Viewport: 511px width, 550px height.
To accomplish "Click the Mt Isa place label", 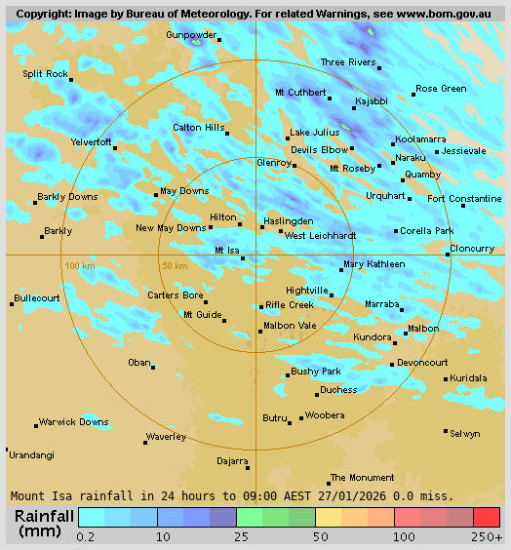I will click(226, 251).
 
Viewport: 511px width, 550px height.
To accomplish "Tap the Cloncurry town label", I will click(473, 248).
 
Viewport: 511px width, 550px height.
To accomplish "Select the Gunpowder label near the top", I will click(190, 34).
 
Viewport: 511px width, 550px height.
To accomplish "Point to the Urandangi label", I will click(31, 454).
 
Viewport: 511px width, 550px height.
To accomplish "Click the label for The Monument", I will click(362, 477).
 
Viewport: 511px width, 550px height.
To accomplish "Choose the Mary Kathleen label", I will click(373, 264).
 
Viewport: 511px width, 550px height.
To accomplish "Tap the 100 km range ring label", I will click(79, 265).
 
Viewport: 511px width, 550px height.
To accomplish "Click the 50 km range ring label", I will click(175, 265).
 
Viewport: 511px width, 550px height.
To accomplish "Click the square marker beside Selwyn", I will click(446, 430).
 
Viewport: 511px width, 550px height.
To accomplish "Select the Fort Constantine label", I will click(464, 199).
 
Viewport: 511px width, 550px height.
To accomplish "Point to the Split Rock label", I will click(46, 74).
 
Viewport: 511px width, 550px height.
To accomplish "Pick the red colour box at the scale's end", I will click(487, 517).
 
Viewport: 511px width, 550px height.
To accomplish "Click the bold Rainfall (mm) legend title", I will click(44, 523).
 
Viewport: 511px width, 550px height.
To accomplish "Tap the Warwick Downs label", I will click(73, 422).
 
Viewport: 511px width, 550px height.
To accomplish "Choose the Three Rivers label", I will click(348, 62).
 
